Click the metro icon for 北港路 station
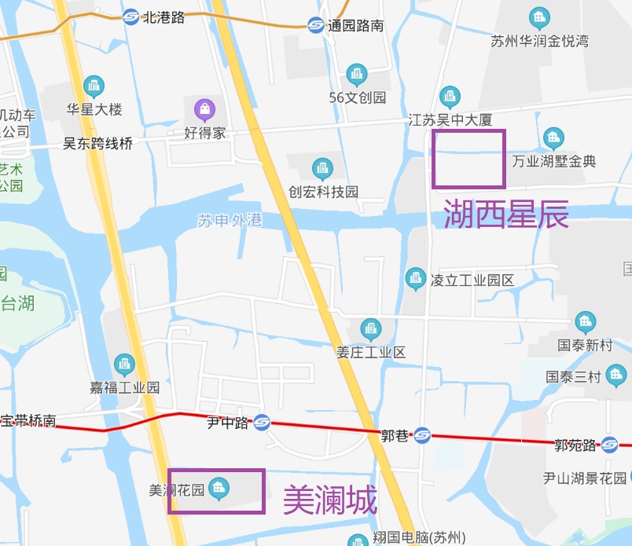[x=131, y=16]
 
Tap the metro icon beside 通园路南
[x=316, y=25]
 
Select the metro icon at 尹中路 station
[x=262, y=423]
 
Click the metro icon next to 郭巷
[x=422, y=434]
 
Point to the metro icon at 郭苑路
[x=609, y=445]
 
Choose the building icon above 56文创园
[x=357, y=75]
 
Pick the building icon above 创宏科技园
[x=322, y=167]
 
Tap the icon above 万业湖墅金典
[x=554, y=138]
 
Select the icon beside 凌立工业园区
[x=415, y=278]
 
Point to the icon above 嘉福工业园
[x=124, y=364]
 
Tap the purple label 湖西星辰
[x=506, y=214]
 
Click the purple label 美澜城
[x=330, y=499]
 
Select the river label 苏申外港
[x=230, y=221]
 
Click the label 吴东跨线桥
[x=98, y=144]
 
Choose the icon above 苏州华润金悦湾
[x=539, y=16]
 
